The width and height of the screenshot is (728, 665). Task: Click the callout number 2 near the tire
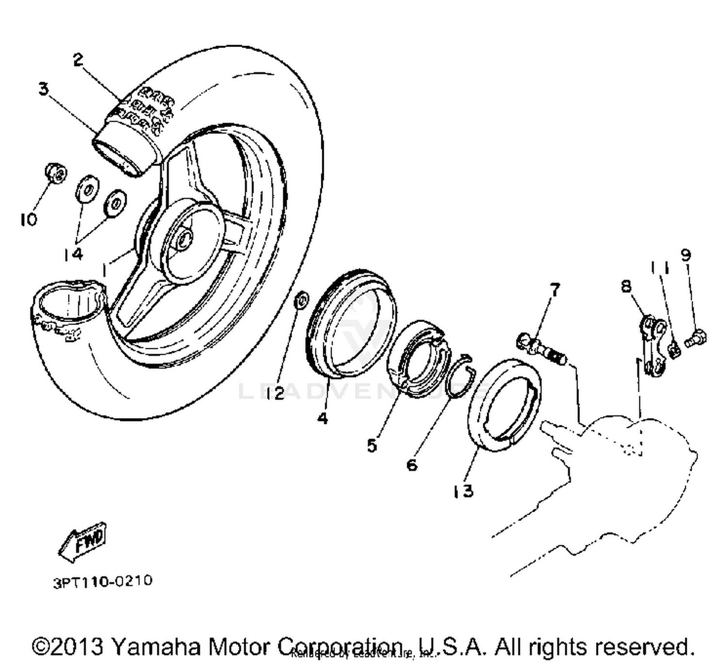coord(78,60)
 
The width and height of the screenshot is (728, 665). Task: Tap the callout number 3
coord(44,89)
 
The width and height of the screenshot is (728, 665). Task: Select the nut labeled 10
coord(55,173)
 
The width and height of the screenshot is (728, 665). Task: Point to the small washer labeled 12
coord(300,300)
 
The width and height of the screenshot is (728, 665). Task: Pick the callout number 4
coord(323,418)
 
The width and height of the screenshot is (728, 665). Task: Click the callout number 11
coord(660,267)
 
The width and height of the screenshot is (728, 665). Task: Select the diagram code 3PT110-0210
coord(102,581)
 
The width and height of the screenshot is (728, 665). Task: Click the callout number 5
coord(372,445)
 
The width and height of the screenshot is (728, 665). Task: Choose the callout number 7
coord(554,290)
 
